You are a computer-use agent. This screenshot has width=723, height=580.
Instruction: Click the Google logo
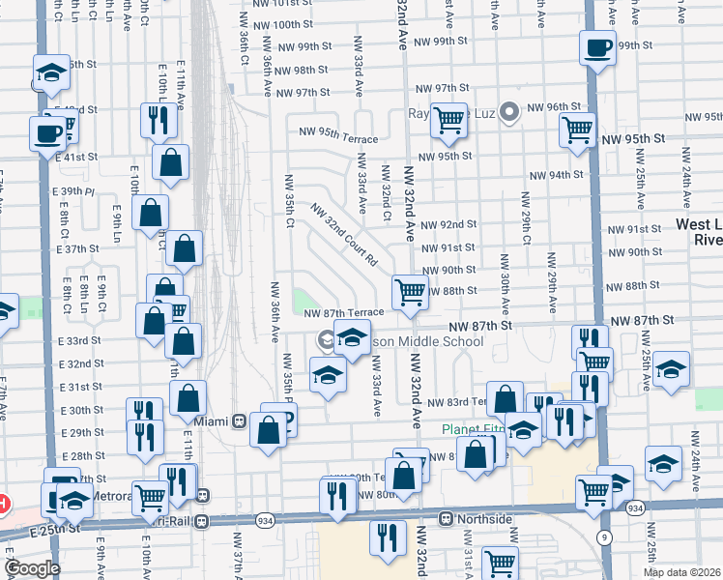[x=32, y=568]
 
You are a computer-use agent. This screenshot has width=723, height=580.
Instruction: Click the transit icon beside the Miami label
[x=238, y=421]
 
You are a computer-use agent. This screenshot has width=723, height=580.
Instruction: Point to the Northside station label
[x=485, y=519]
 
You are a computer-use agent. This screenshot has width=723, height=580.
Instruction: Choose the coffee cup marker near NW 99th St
[x=597, y=46]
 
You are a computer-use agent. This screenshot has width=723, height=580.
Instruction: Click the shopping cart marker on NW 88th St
[x=411, y=292]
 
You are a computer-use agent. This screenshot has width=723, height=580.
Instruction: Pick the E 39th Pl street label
[x=77, y=191]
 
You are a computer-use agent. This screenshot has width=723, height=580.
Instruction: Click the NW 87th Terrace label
[x=343, y=312]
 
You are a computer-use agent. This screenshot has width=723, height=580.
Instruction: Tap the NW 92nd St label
[x=451, y=224]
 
